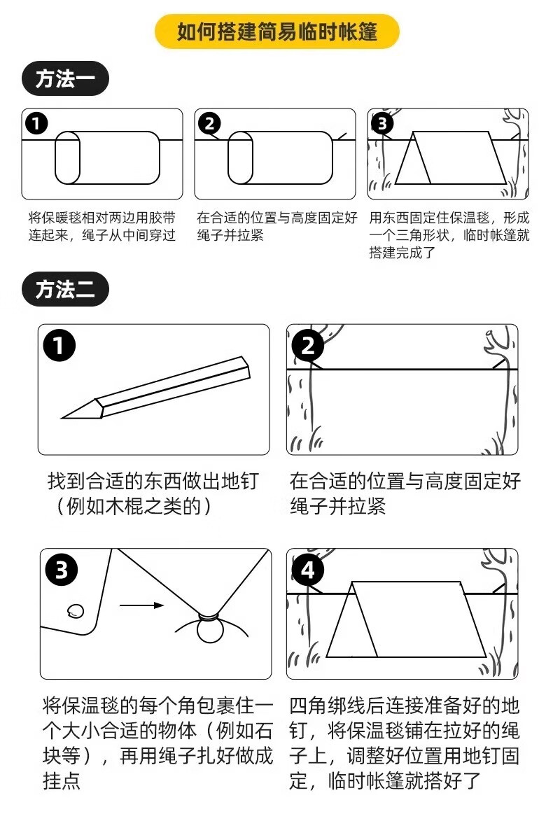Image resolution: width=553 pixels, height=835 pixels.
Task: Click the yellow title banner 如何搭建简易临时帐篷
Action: pyautogui.click(x=276, y=32)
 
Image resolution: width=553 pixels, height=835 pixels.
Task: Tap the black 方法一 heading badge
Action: pyautogui.click(x=64, y=80)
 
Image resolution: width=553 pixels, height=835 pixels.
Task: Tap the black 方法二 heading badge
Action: pyautogui.click(x=64, y=289)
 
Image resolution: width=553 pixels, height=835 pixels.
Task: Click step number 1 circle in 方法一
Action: pyautogui.click(x=36, y=124)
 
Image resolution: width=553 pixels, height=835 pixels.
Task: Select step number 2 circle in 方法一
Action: pyautogui.click(x=209, y=124)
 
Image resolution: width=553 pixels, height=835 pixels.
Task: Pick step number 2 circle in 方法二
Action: pyautogui.click(x=308, y=346)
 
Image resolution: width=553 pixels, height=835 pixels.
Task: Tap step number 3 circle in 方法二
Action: pyautogui.click(x=61, y=571)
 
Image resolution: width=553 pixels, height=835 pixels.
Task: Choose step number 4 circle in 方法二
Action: pyautogui.click(x=308, y=571)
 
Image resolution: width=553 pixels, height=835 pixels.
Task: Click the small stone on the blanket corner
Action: pyautogui.click(x=74, y=610)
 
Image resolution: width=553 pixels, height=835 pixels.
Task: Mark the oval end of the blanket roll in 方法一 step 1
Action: pyautogui.click(x=68, y=157)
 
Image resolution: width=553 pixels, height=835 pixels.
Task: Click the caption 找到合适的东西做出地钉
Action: pyautogui.click(x=153, y=481)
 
